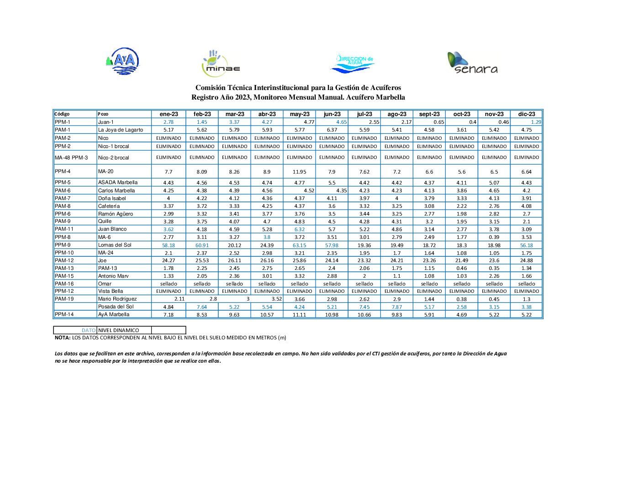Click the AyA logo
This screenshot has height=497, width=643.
(x=122, y=61)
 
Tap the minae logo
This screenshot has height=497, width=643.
(x=221, y=63)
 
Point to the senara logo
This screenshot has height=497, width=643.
(x=472, y=63)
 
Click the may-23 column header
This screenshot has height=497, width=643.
(x=300, y=114)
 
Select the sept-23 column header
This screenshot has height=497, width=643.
(x=429, y=114)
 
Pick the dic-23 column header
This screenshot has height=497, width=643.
(x=527, y=114)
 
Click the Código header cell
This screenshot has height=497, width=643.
(x=62, y=114)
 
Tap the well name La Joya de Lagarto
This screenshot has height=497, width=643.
(x=121, y=130)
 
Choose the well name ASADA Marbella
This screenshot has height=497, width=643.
(x=118, y=182)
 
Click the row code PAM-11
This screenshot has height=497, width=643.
(x=64, y=229)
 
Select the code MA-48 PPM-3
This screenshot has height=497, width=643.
(x=71, y=158)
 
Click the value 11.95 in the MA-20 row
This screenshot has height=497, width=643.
(x=300, y=172)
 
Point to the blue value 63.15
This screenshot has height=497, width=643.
(x=300, y=245)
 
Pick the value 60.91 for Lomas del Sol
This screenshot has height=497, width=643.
(x=202, y=245)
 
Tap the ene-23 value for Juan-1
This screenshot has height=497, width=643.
(x=169, y=122)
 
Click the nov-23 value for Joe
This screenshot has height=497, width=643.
(x=494, y=260)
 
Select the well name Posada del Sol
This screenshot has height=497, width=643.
(x=116, y=307)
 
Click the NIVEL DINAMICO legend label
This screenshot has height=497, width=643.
(x=119, y=330)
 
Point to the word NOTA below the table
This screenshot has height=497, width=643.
(x=63, y=338)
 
